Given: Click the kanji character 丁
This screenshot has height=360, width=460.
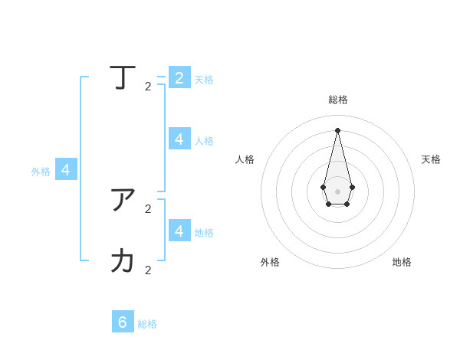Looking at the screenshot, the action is coord(123,77).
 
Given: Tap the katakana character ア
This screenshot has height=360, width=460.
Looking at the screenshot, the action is coord(123,200).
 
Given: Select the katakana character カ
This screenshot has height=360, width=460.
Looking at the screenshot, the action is coord(123,261).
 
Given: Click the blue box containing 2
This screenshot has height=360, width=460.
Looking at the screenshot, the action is coord(179,77).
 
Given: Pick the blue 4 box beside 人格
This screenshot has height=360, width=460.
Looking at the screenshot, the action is coord(179,139).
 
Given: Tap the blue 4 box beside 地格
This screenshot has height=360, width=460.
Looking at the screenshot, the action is coord(179,230).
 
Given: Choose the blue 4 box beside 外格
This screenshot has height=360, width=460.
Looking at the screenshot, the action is coord(66,170).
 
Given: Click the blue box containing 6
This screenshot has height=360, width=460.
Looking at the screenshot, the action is coord(123,322).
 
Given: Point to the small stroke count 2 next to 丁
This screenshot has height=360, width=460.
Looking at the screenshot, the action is coord(148,87).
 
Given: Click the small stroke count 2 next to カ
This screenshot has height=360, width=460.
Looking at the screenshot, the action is coord(148,270).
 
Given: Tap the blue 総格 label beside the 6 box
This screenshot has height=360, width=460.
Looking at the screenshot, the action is coord(147,324).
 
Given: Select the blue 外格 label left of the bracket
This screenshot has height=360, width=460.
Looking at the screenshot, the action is coord(41,172).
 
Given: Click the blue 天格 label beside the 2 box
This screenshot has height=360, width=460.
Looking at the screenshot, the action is coord(204,80).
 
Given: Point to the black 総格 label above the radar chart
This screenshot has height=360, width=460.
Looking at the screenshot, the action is coord(338,100).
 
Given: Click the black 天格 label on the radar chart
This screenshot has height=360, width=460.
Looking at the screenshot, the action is coord(431,159).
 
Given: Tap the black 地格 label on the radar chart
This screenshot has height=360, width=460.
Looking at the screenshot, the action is coord(402,262).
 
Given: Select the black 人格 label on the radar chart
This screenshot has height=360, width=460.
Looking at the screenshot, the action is coord(245,159).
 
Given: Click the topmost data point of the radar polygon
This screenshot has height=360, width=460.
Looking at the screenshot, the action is coord(337,129).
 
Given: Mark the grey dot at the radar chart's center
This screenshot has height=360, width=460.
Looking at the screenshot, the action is coord(337,191).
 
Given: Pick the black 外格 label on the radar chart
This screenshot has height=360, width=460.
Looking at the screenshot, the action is coord(270,262).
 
